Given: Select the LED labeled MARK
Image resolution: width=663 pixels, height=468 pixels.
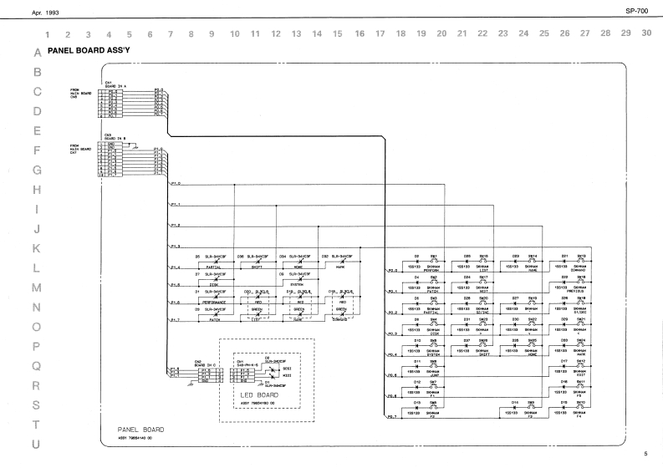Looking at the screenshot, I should point(339,262).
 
